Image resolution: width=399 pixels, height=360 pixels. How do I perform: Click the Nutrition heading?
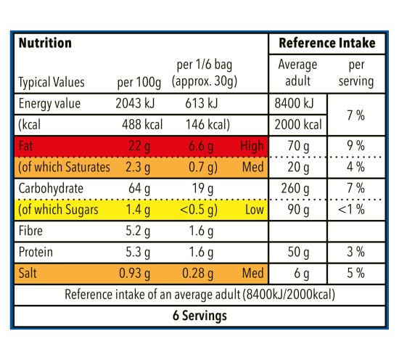click(45, 43)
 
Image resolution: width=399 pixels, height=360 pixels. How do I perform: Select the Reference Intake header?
click(327, 43)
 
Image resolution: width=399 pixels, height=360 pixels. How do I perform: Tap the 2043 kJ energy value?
click(135, 103)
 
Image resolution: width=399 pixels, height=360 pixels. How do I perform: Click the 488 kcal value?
click(142, 125)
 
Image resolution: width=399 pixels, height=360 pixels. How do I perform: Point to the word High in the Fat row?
click(252, 146)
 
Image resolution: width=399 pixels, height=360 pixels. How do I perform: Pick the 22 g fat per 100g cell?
click(139, 147)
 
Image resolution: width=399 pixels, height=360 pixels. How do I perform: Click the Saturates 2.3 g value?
click(138, 168)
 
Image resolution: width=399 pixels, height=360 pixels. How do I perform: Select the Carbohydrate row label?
click(51, 189)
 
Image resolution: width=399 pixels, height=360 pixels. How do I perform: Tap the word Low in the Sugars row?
click(255, 210)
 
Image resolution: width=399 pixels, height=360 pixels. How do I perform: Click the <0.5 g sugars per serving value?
click(199, 210)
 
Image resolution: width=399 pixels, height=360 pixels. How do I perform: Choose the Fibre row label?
click(30, 231)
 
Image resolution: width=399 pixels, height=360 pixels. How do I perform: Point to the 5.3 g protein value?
click(138, 253)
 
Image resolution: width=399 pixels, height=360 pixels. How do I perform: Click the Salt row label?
click(28, 273)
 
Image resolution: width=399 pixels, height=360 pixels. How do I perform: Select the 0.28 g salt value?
click(198, 274)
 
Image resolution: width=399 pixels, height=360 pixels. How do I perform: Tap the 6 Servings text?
click(199, 316)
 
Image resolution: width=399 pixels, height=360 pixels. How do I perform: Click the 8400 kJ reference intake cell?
click(294, 103)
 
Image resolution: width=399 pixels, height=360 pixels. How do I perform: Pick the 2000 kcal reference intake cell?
click(298, 125)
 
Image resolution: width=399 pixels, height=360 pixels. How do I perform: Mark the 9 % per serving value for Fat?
click(355, 146)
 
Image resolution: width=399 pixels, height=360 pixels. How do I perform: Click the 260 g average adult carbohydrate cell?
click(295, 189)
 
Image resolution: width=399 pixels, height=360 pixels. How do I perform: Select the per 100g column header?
click(139, 83)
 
